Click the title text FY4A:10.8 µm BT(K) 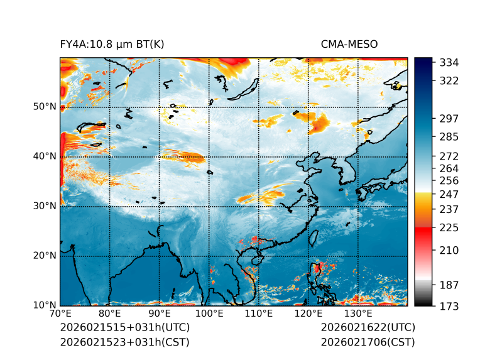112,44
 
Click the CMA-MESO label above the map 349,44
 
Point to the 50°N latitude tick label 45,106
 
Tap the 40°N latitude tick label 45,156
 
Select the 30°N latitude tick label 45,205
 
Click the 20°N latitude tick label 45,255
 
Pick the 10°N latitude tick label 45,305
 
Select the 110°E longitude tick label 259,314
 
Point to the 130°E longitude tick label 358,314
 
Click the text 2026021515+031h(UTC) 124,327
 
